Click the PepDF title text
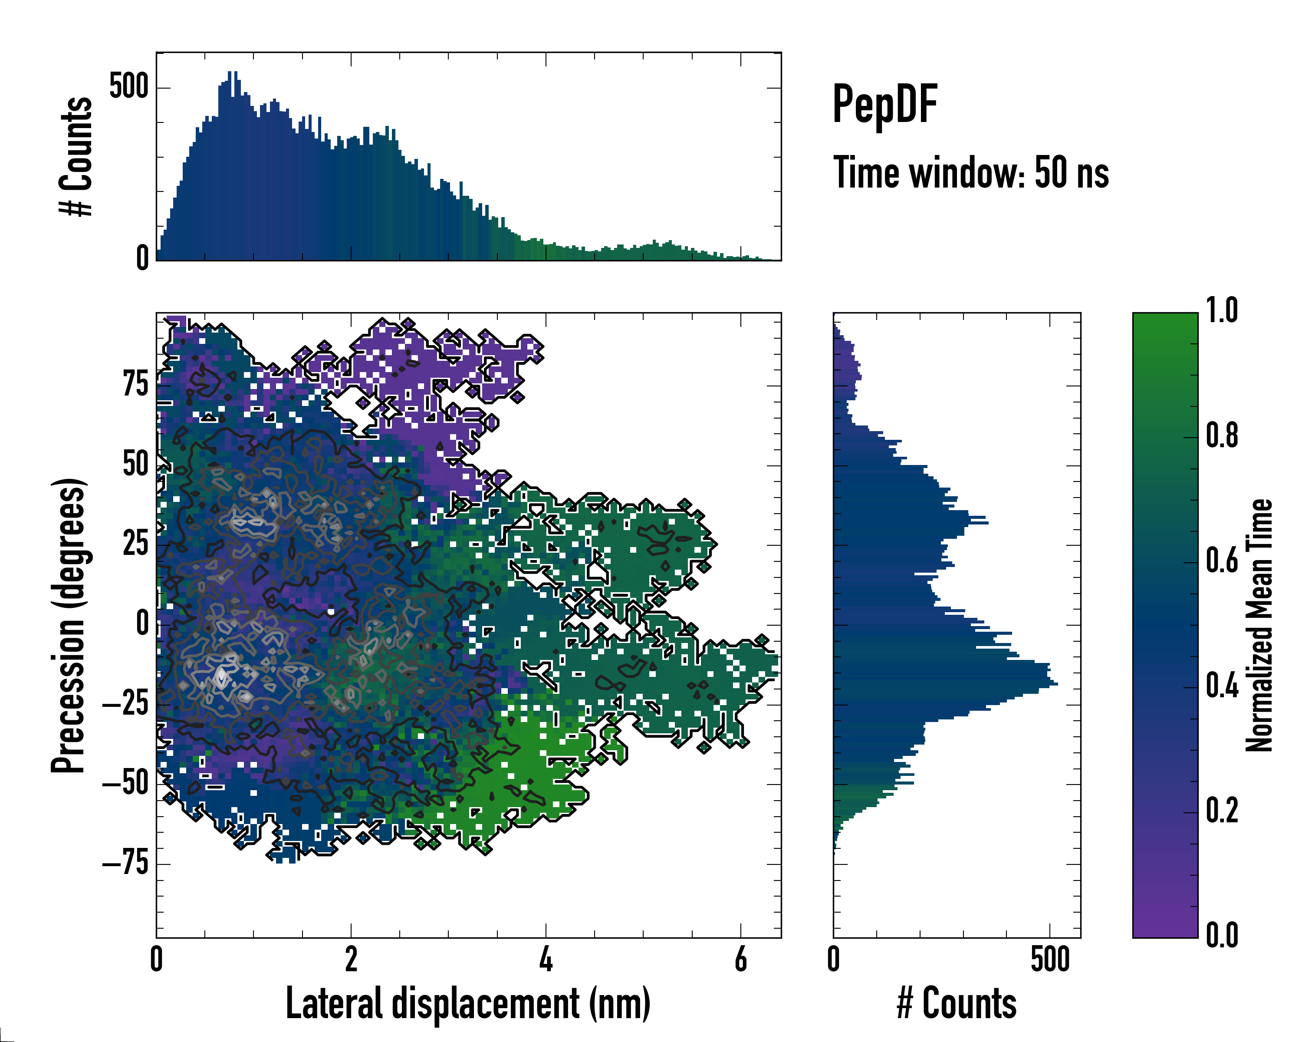(x=884, y=105)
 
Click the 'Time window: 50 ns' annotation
(x=970, y=173)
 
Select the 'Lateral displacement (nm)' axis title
(x=468, y=1003)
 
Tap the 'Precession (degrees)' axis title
(x=68, y=625)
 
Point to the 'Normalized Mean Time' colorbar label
(x=1260, y=625)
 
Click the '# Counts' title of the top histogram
(x=76, y=156)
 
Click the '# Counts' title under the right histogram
(x=957, y=1003)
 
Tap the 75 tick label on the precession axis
(x=135, y=384)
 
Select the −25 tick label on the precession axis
(x=125, y=704)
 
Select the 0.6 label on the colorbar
(x=1222, y=561)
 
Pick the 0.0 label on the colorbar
(x=1222, y=935)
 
